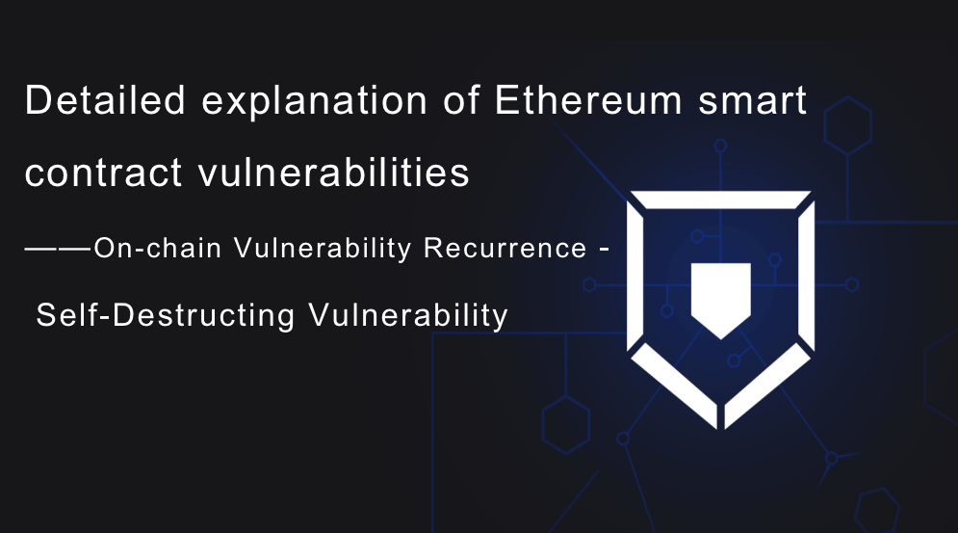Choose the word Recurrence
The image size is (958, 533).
click(505, 248)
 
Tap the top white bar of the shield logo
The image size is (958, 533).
click(721, 200)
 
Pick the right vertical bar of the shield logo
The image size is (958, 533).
click(807, 275)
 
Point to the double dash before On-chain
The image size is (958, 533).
click(59, 249)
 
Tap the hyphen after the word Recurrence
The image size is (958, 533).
click(604, 250)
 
